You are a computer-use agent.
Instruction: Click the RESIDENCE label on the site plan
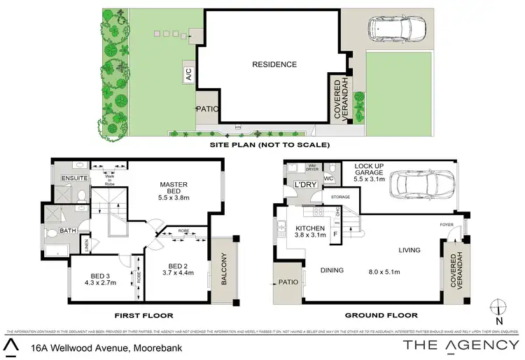274,64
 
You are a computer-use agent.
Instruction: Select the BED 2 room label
177,266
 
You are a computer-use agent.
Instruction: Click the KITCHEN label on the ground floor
309,229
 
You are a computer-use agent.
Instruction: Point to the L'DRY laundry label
306,185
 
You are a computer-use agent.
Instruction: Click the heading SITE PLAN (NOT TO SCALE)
270,145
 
